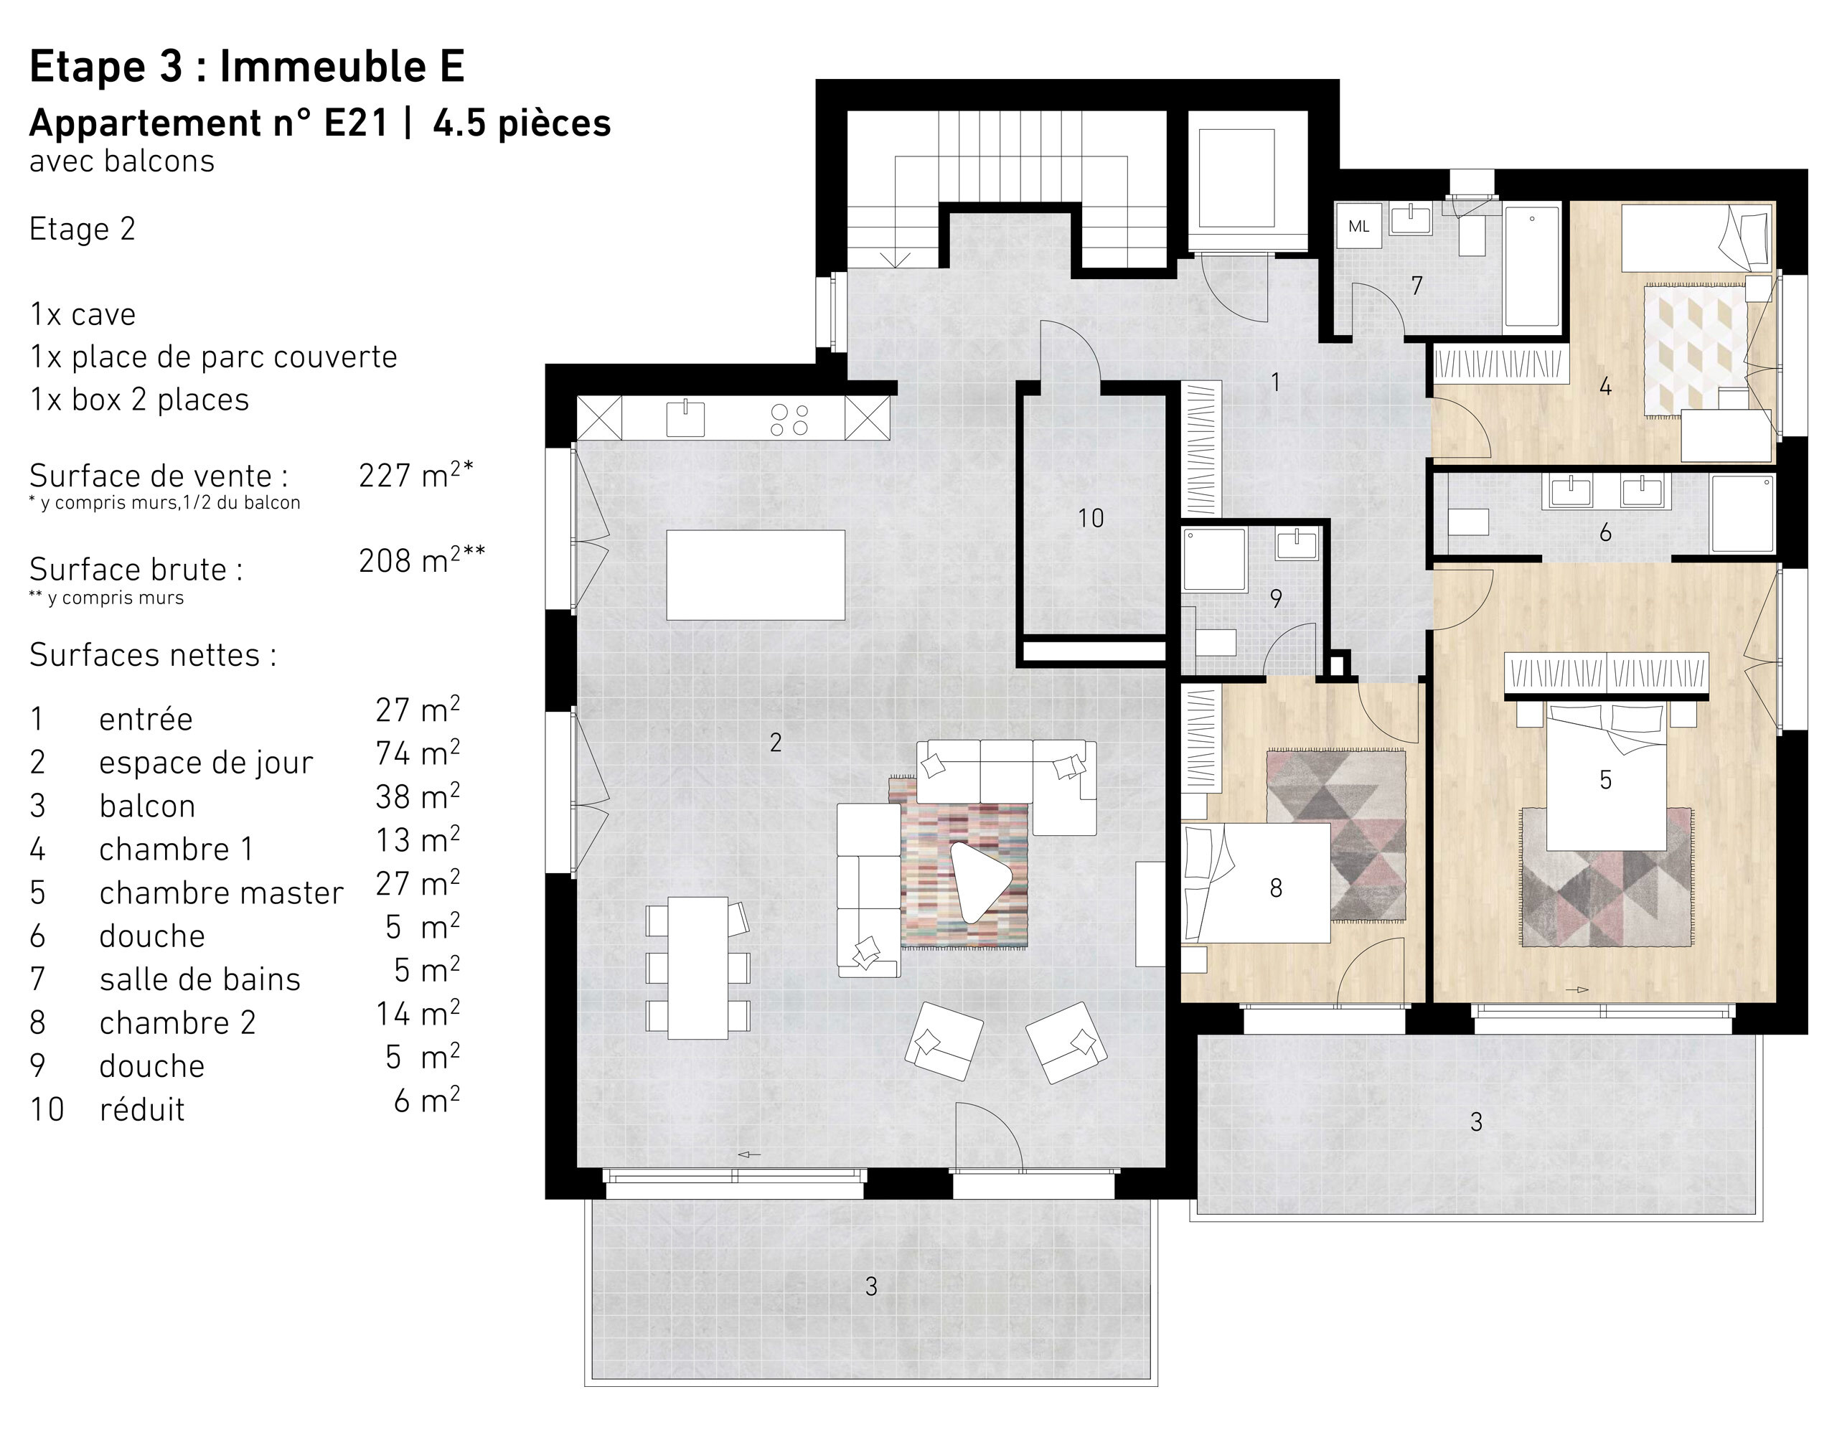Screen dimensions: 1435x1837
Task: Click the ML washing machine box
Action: [1358, 225]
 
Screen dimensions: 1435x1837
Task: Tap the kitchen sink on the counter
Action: [685, 418]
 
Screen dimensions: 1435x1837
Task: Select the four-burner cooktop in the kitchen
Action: [789, 420]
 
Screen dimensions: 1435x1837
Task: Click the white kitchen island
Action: [756, 575]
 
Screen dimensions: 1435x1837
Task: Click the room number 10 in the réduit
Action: [1091, 518]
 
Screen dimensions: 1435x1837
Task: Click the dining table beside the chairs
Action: [698, 967]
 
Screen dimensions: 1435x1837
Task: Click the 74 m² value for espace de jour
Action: [417, 753]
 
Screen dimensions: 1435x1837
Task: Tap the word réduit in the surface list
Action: [142, 1110]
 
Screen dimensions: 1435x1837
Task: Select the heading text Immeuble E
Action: [342, 67]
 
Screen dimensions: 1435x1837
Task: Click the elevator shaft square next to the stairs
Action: [1236, 179]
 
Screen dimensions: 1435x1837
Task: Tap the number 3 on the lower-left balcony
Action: [871, 1286]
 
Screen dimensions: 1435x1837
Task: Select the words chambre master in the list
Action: [221, 893]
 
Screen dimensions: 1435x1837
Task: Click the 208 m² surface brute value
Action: [421, 561]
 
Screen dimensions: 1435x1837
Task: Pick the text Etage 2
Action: [83, 230]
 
